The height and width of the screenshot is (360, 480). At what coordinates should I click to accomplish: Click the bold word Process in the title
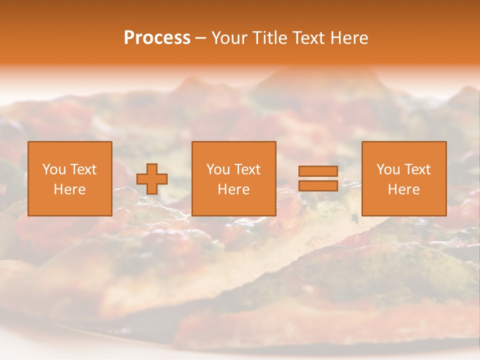(157, 38)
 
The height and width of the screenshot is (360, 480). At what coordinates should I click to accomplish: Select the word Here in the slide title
(349, 38)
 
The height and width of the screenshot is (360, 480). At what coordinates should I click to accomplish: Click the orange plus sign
(152, 179)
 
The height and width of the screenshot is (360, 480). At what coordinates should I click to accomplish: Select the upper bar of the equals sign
(318, 171)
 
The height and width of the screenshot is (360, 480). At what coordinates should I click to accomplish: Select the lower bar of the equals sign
(318, 186)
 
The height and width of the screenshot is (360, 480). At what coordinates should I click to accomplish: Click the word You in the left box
(54, 169)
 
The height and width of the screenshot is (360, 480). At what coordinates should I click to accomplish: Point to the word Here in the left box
(70, 189)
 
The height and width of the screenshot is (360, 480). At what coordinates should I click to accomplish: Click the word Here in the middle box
(234, 189)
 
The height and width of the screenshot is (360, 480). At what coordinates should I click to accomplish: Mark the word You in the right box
(388, 169)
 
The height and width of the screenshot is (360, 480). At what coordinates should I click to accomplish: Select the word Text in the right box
(417, 169)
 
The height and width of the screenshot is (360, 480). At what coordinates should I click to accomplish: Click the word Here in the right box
(404, 189)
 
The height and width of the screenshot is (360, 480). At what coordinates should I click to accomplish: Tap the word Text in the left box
(83, 169)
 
